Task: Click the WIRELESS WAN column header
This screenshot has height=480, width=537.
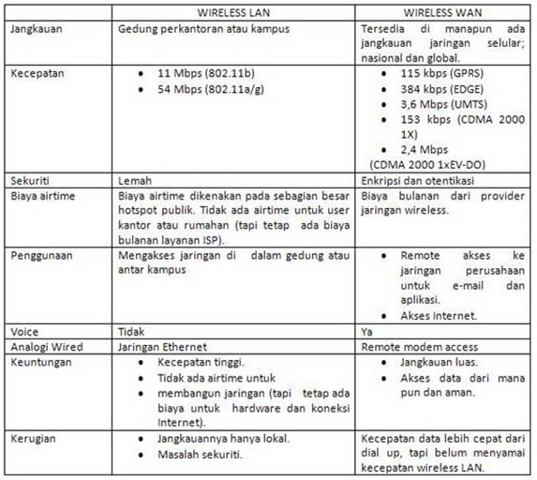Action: (445, 12)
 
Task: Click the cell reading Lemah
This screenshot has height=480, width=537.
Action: (136, 179)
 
